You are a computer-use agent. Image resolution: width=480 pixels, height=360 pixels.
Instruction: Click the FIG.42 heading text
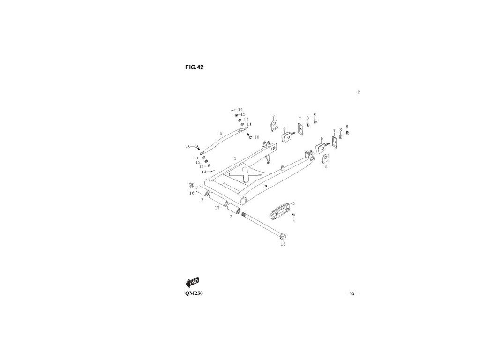(x=194, y=67)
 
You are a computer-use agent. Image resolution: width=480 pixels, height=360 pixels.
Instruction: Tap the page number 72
(x=352, y=293)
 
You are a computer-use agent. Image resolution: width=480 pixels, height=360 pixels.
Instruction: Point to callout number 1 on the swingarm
(x=235, y=161)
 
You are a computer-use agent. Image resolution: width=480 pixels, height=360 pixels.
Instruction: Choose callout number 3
(x=293, y=203)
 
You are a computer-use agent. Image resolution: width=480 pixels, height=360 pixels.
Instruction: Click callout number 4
(x=294, y=221)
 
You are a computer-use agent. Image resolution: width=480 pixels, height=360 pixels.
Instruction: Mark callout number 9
(x=220, y=134)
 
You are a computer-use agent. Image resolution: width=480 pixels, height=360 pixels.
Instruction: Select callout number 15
(x=283, y=244)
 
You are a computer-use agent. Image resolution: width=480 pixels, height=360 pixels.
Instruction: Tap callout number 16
(x=191, y=193)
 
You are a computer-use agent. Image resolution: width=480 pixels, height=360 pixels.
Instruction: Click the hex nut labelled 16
(x=191, y=185)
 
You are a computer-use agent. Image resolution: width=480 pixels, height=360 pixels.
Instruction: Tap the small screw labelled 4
(x=293, y=215)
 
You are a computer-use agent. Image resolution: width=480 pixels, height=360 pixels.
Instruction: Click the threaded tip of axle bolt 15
(x=244, y=215)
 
